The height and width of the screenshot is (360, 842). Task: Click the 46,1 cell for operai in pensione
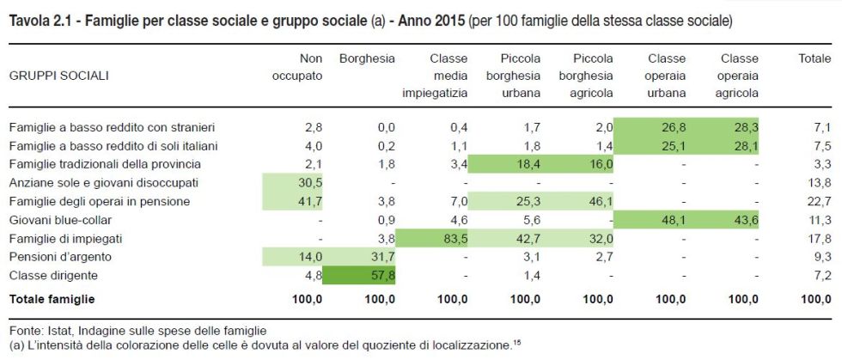(599, 202)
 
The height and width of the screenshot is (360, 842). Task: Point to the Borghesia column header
(367, 58)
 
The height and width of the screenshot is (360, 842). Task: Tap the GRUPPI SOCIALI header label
(58, 76)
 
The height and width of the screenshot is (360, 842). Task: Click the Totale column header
(815, 58)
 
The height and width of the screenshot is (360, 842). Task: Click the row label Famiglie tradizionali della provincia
(104, 164)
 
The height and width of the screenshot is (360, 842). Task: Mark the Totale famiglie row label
(52, 299)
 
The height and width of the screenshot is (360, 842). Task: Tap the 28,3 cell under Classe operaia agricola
(744, 127)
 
